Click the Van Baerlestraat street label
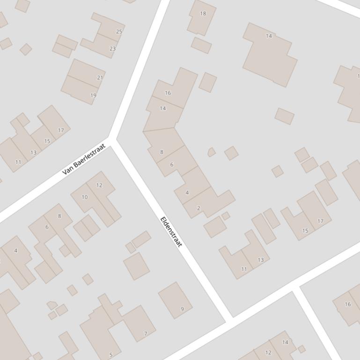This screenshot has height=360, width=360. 84,160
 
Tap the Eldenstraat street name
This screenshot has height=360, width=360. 171,232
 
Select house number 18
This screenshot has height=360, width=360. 203,14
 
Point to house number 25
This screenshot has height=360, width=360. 119,32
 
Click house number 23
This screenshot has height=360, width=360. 112,49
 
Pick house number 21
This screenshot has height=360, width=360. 100,78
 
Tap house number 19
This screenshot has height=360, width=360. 93,95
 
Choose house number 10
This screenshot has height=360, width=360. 84,197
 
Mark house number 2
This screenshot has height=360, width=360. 198,209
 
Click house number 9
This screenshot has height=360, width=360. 182,309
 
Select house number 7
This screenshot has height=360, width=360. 146,334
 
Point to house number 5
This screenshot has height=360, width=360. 110,355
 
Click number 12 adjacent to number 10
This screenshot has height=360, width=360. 99,186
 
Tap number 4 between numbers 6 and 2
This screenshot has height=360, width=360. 187,193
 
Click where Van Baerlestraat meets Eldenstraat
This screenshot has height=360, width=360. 113,139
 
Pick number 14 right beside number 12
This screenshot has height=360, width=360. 285,342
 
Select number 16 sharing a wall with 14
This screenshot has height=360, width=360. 168,93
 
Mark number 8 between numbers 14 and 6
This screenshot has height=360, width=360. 162,152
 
